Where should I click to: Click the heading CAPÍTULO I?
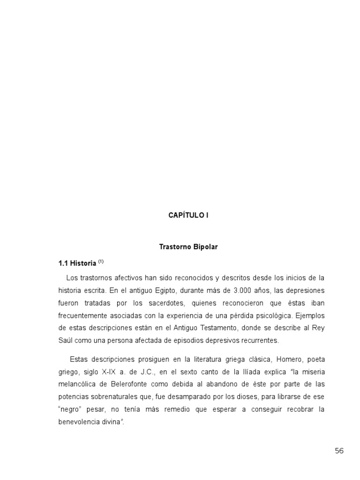(188, 215)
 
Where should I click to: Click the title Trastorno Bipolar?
(188, 247)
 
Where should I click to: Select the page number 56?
(339, 451)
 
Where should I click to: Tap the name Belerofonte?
(123, 384)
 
